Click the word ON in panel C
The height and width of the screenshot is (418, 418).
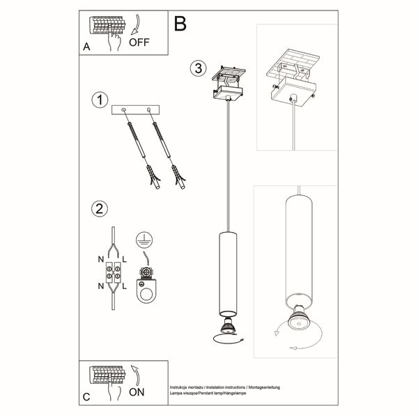point(139,392)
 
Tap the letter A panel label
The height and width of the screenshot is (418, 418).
point(86,47)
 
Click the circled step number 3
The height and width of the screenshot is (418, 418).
point(199,68)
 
